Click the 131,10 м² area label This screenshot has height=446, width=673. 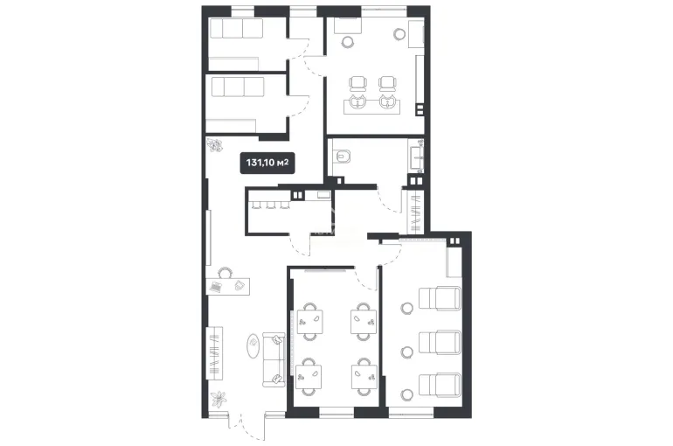267,163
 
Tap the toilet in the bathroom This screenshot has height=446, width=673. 342,157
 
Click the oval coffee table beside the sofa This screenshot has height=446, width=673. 253,345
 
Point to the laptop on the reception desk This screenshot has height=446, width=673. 216,287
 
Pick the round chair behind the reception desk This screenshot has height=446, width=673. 225,273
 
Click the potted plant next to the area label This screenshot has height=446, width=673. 214,144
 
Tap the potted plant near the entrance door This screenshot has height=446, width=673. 219,399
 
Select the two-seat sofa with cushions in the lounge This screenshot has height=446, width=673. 274,359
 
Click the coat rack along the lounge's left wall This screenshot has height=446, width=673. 215,352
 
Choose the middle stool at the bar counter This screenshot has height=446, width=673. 270,206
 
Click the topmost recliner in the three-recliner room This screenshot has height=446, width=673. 440,299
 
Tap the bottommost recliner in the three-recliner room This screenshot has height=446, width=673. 440,385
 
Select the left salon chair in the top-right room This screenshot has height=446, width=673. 358,84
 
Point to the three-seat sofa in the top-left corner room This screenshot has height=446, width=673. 237,28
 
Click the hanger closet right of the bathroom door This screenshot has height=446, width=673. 415,211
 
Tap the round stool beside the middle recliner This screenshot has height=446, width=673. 407,352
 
